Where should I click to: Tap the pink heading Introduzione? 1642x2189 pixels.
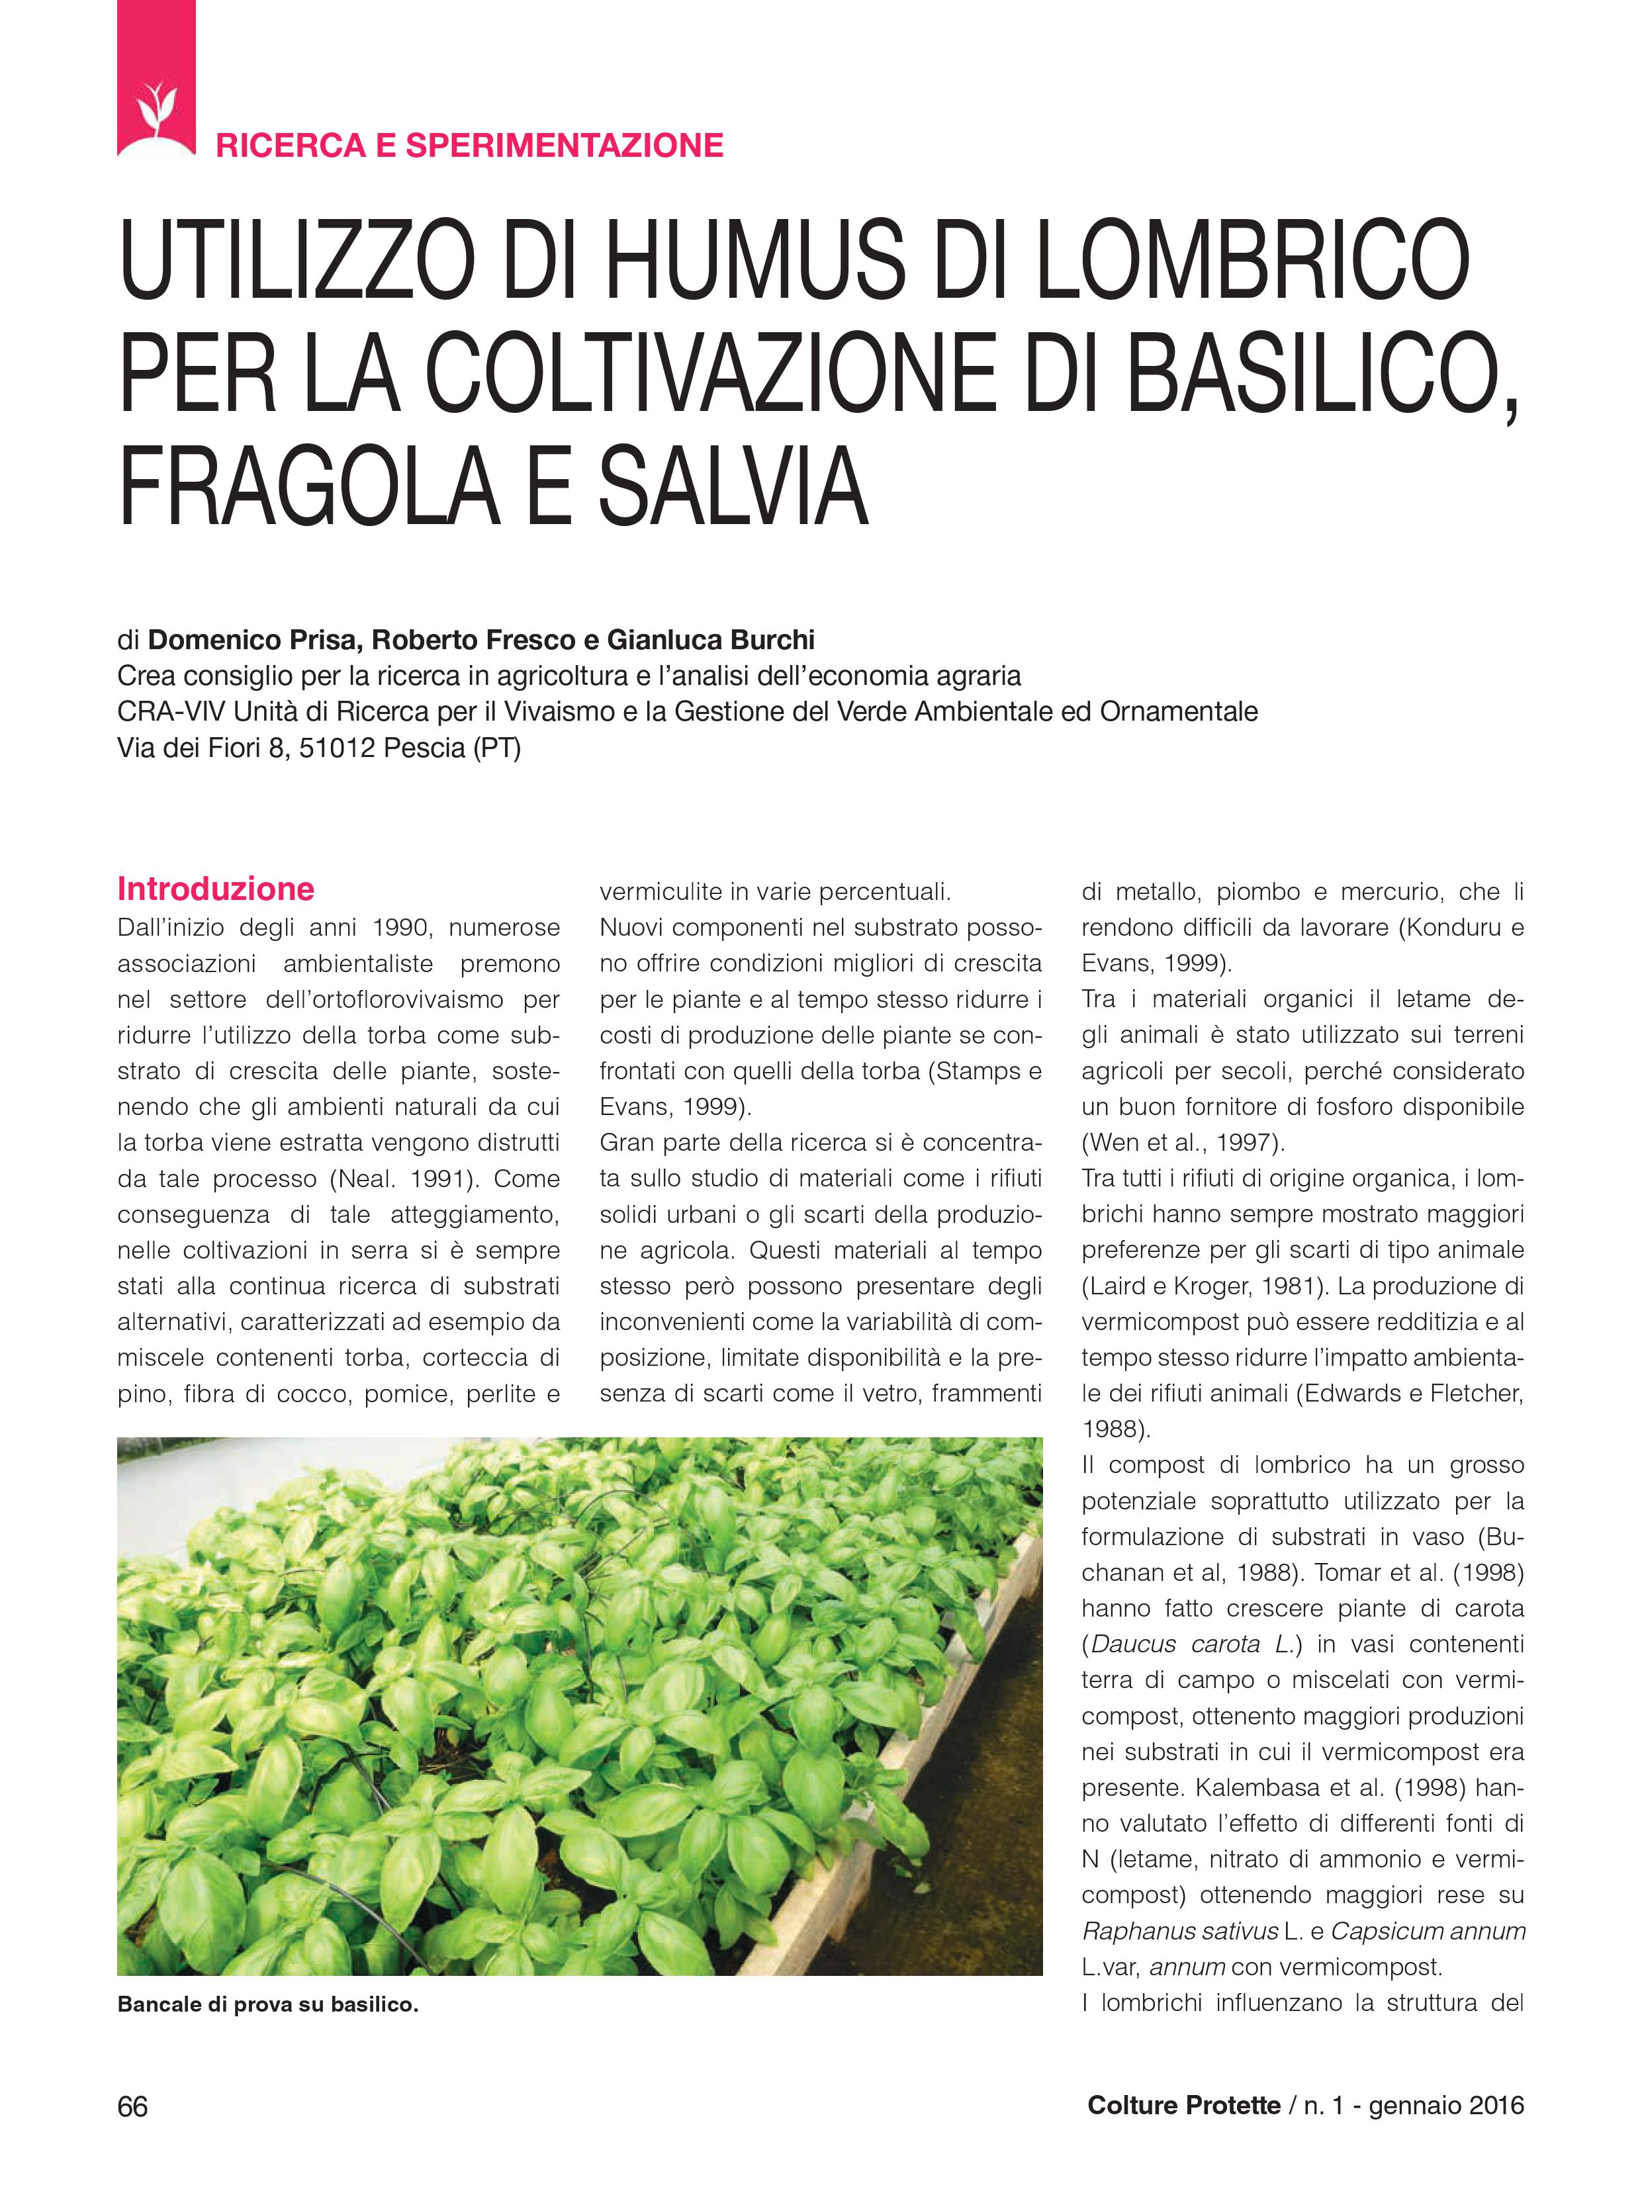(x=215, y=889)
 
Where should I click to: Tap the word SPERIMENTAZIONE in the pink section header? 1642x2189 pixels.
(x=564, y=146)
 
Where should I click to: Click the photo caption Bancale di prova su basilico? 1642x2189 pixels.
(x=267, y=2005)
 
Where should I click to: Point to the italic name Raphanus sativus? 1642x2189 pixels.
(x=1180, y=1932)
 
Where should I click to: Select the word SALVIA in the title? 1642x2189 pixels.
(x=733, y=487)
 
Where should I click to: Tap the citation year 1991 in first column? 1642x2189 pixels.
(x=447, y=1179)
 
